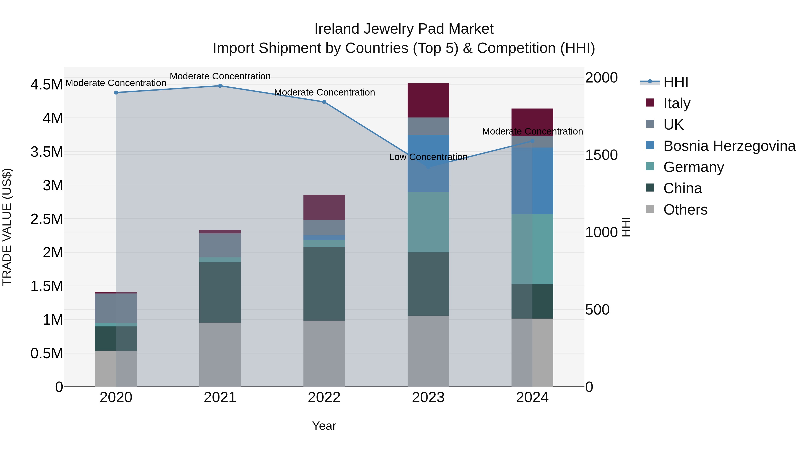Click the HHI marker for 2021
(x=220, y=86)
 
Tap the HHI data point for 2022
(x=324, y=102)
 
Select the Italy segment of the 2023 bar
(x=428, y=100)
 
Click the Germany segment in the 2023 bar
(x=428, y=222)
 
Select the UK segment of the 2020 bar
(x=116, y=308)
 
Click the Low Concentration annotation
(x=428, y=157)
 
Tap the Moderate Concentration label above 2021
(x=220, y=76)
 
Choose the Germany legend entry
(x=693, y=167)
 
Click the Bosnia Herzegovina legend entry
(x=729, y=146)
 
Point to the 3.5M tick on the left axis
(x=46, y=152)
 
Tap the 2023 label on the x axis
(x=428, y=398)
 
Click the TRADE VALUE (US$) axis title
(x=7, y=227)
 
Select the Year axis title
(x=324, y=426)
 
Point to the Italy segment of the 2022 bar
(x=324, y=207)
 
